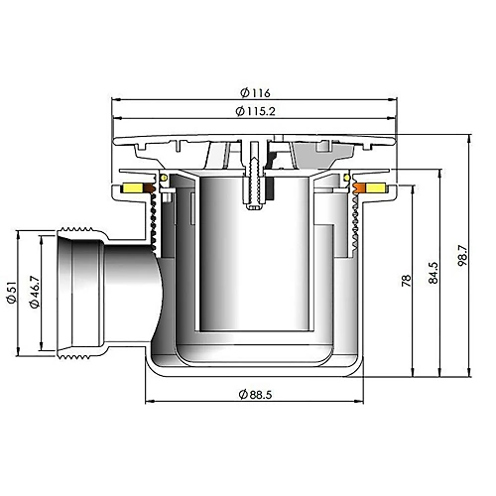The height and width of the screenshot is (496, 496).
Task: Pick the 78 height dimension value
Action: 406,282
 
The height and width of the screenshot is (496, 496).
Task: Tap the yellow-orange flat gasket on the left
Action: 131,188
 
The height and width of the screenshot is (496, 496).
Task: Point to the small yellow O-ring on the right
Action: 348,179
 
